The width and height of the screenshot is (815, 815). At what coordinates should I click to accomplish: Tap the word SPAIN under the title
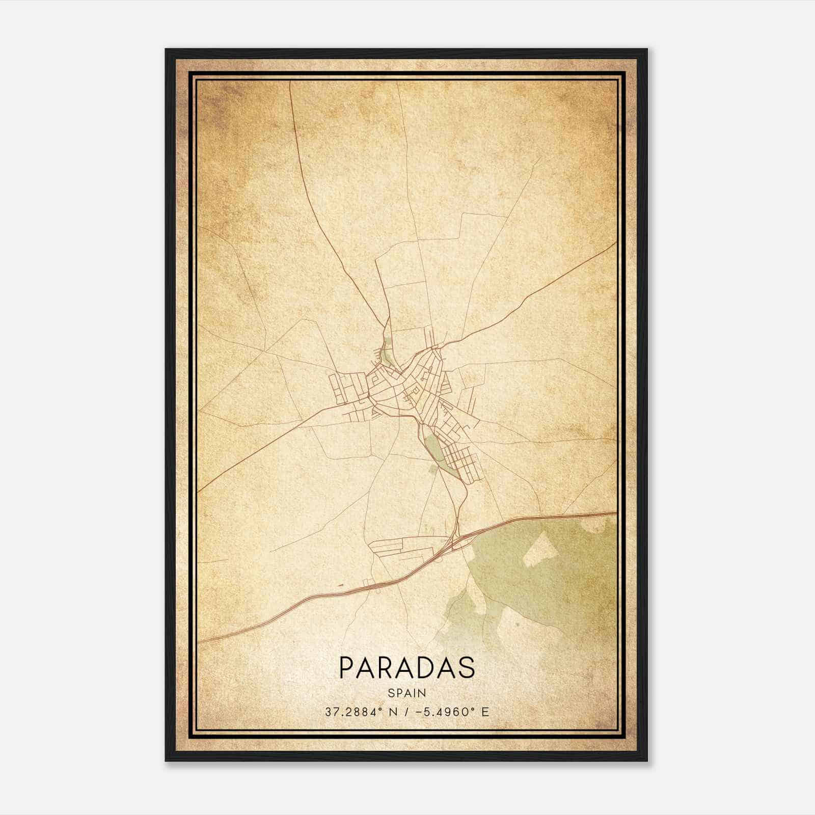pyautogui.click(x=406, y=693)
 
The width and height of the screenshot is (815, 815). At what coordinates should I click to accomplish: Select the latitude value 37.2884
pyautogui.click(x=349, y=712)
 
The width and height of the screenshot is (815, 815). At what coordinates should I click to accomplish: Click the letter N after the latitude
pyautogui.click(x=392, y=712)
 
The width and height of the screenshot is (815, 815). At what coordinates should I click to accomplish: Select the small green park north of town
pyautogui.click(x=386, y=351)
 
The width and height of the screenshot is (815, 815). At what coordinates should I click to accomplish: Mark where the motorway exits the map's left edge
pyautogui.click(x=199, y=642)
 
